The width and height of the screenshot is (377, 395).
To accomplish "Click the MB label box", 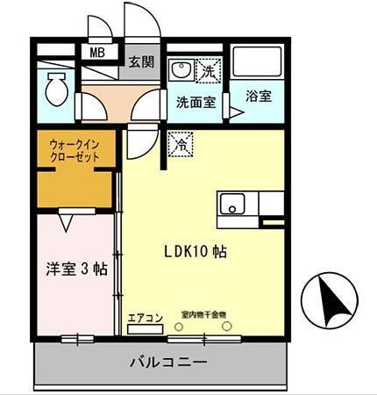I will click(97, 52).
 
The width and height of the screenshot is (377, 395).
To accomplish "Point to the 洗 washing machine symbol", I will click(209, 67).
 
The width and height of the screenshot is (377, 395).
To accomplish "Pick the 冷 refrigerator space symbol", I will click(181, 140).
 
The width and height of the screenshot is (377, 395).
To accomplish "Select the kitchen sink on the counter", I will click(233, 206).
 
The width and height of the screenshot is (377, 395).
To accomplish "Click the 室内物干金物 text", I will click(204, 313).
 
